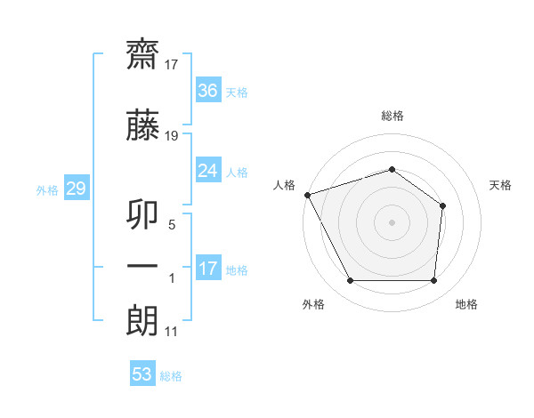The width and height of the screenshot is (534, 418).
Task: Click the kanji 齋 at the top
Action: click(142, 55)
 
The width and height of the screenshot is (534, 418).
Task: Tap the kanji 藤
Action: click(142, 125)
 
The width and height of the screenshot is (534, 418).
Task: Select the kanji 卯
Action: click(142, 215)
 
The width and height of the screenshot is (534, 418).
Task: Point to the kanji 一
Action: click(142, 266)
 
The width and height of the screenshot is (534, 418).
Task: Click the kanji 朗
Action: click(142, 321)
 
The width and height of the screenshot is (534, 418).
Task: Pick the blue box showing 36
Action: click(208, 90)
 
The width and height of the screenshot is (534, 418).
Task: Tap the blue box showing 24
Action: click(208, 170)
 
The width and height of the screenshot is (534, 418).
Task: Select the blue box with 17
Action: click(208, 267)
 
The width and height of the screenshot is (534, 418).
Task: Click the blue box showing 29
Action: click(77, 188)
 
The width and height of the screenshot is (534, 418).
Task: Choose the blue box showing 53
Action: click(142, 373)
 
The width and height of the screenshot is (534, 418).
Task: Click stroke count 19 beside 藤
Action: click(171, 136)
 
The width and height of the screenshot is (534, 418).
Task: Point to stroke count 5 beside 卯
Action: click(172, 225)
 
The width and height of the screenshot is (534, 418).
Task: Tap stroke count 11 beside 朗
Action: click(171, 332)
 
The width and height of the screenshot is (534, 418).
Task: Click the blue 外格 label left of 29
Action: click(47, 190)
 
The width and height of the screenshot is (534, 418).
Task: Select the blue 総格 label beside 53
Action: click(171, 376)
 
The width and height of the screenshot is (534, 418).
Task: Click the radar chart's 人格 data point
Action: click(308, 195)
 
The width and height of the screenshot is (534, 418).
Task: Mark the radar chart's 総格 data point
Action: click(392, 170)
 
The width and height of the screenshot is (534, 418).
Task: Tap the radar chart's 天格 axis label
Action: click(500, 185)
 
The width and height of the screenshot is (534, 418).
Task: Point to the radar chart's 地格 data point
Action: click(433, 280)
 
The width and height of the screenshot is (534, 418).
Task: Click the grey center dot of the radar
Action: click(392, 222)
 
